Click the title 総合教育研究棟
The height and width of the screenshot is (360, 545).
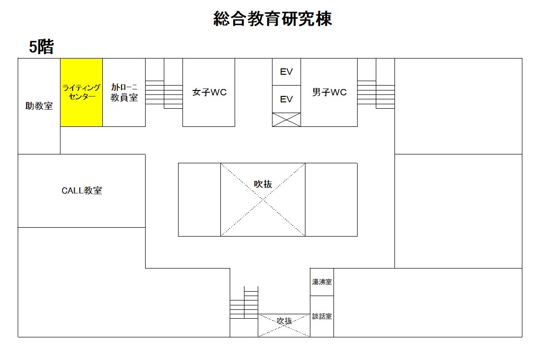[x=272, y=19]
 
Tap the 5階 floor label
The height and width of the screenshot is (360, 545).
[x=41, y=47]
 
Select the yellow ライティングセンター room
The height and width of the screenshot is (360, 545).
[x=81, y=92]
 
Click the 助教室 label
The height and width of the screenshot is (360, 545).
[x=39, y=106]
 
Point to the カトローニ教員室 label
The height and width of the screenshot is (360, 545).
[x=124, y=92]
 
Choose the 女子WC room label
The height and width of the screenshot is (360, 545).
[x=209, y=92]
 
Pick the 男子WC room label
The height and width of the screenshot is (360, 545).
[x=329, y=92]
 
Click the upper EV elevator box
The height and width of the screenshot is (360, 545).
[x=286, y=72]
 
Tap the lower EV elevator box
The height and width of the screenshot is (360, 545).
[x=286, y=99]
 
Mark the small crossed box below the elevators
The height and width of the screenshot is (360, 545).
[x=286, y=120]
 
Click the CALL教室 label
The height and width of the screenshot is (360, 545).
[x=82, y=191]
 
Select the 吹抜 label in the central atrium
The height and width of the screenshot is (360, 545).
[x=263, y=184]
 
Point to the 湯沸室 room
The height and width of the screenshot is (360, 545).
[x=322, y=282]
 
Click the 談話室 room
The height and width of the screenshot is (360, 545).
[x=322, y=316]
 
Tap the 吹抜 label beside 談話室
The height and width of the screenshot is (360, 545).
[x=284, y=321]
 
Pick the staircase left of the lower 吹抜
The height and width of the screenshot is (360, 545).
[x=244, y=302]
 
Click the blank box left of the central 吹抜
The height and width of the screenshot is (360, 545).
[x=200, y=200]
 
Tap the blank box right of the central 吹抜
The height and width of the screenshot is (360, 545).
[x=331, y=200]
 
